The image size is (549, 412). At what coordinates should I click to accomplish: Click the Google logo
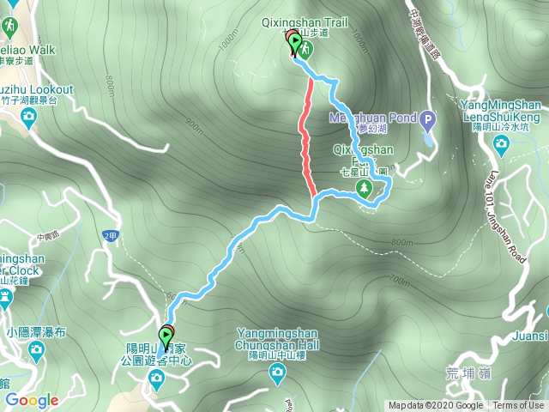[32, 400]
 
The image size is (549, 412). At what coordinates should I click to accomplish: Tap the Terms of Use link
[517, 406]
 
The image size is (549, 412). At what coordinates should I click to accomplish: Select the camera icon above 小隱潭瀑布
[36, 348]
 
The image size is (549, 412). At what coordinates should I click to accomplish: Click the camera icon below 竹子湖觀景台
[28, 116]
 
